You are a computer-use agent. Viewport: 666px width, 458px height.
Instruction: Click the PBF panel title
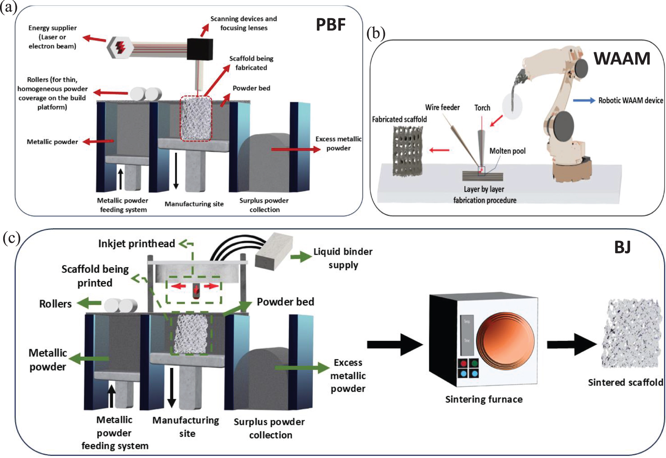pos(330,25)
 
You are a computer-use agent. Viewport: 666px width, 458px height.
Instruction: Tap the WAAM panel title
pos(622,58)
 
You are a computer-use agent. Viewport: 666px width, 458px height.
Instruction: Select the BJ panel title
pos(622,247)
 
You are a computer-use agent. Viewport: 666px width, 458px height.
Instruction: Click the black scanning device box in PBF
pos(200,49)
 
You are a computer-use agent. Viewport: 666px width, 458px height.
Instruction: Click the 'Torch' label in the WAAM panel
pos(482,108)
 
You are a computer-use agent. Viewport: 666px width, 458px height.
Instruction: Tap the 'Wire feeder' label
pos(442,107)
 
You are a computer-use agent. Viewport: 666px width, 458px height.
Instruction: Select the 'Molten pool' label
pos(507,151)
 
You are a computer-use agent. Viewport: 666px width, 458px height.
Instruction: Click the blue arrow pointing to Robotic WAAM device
pos(584,101)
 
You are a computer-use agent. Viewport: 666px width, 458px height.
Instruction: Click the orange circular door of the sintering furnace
pos(505,341)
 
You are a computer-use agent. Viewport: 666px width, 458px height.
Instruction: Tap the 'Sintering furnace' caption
pos(484,399)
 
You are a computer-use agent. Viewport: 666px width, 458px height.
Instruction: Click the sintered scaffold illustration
pos(631,333)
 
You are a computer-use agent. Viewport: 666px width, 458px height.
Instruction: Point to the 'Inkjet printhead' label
pos(136,244)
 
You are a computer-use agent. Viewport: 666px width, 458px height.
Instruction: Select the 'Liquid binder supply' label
pos(343,258)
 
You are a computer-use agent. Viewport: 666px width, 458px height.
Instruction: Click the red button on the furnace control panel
pos(464,363)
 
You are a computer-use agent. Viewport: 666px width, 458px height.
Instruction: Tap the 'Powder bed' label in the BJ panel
pos(285,302)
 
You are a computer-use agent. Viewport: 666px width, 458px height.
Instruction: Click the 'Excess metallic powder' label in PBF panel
pos(338,143)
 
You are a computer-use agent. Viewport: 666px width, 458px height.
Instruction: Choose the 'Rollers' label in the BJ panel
pos(55,304)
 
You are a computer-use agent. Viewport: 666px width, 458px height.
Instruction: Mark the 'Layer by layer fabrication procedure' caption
pos(485,195)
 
